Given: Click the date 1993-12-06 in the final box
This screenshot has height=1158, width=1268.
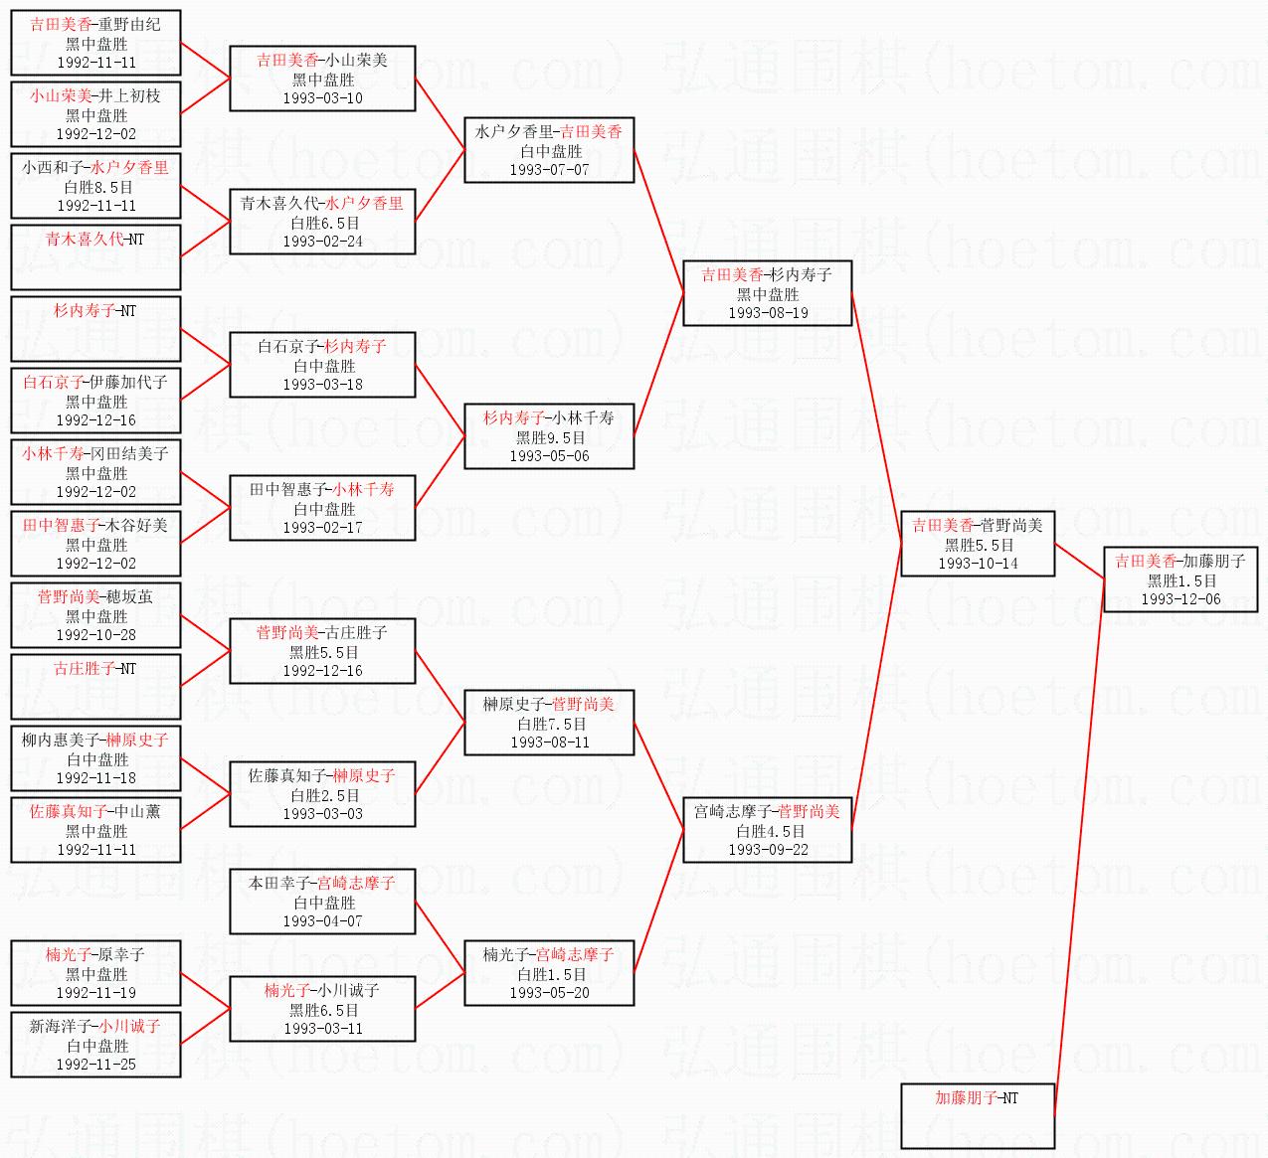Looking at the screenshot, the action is [1180, 599].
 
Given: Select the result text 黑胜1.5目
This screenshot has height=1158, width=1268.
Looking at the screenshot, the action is [1181, 580].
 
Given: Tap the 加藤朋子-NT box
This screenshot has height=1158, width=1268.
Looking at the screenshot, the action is [978, 1115].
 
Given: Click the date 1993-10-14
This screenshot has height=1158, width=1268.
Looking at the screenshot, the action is [978, 564].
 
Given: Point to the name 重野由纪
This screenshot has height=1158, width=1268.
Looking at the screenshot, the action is [129, 25].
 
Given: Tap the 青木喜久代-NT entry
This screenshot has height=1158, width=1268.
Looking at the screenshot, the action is [94, 240].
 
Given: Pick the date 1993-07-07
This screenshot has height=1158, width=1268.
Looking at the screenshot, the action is [549, 170].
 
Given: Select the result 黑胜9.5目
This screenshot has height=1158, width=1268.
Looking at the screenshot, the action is [550, 437].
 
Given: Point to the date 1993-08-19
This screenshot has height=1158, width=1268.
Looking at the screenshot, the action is [768, 313].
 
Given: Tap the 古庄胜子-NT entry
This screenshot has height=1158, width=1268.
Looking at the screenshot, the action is [94, 668].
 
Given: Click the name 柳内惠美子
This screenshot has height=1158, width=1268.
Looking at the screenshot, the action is [60, 740].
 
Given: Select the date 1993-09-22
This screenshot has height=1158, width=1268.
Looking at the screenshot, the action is [768, 850].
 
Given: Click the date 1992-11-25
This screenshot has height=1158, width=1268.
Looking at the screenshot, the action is [96, 1065].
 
